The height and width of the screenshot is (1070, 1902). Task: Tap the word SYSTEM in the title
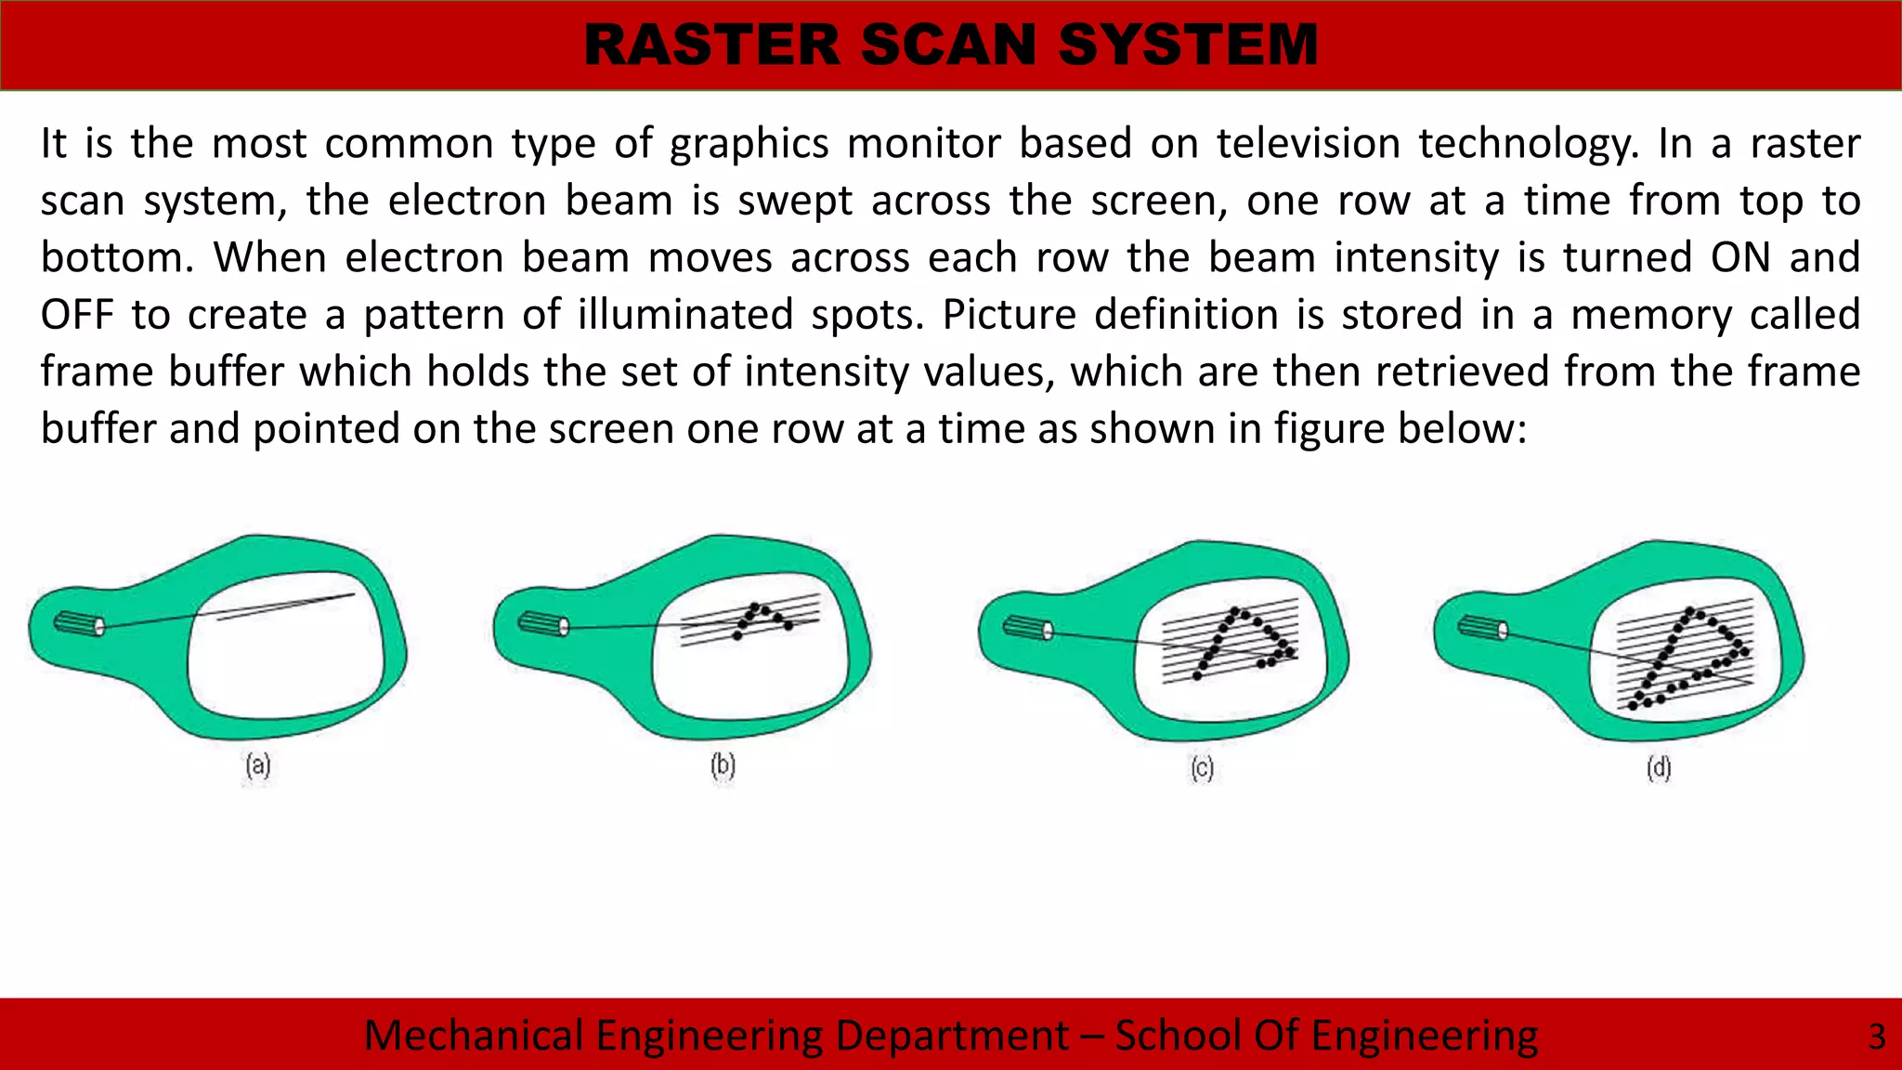1188,45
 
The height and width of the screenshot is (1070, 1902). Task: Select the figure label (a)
258,766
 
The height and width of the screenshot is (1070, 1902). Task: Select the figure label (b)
723,766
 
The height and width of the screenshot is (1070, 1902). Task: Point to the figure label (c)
1202,769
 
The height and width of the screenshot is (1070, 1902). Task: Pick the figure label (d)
1659,768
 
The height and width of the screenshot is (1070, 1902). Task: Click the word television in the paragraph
1308,144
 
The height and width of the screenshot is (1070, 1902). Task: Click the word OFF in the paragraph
76,315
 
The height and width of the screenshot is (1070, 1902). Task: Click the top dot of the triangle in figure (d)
1689,612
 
